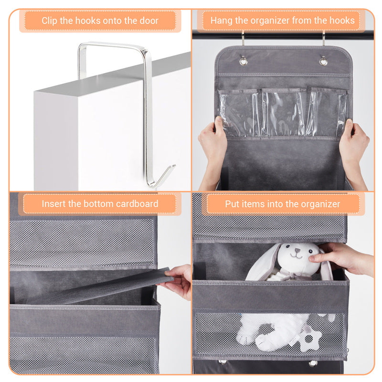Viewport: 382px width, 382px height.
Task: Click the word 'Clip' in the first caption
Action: pos(50,21)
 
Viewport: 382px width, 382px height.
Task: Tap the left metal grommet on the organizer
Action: pos(244,61)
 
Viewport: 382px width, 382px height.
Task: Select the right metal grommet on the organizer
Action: pos(323,61)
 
